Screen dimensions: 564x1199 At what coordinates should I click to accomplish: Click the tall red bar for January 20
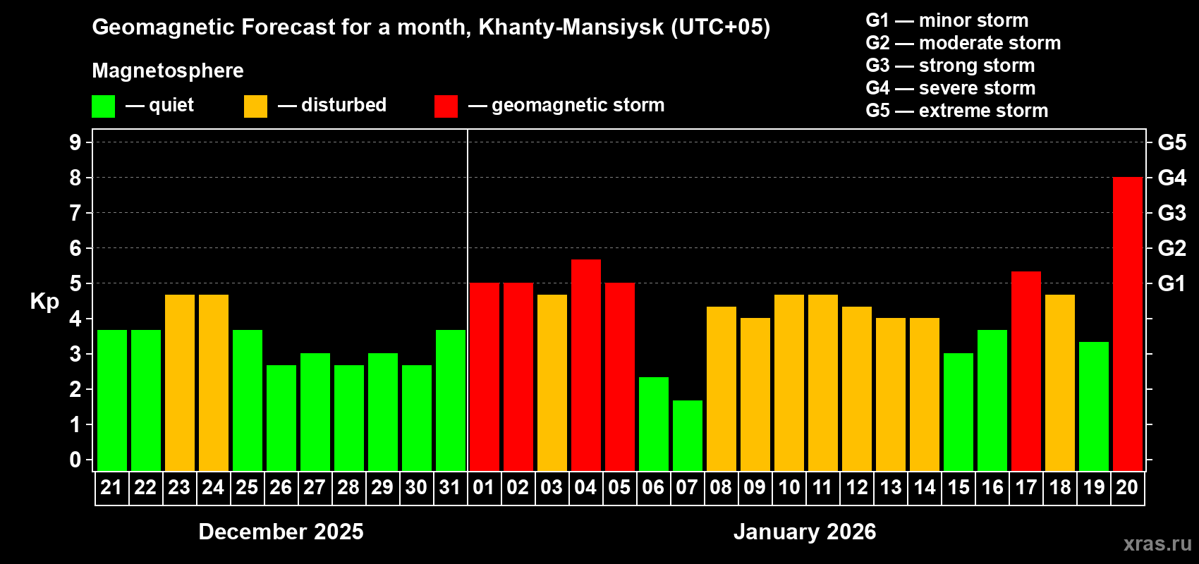pos(1127,324)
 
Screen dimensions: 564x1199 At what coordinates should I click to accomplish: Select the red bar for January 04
pos(585,365)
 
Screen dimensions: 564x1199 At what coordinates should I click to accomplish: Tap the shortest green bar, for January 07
pos(687,436)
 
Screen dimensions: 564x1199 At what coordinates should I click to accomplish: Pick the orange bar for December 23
pos(179,383)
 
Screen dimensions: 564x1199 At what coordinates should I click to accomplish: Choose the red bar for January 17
pos(1025,372)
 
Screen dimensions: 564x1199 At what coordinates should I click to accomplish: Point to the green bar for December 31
pos(450,400)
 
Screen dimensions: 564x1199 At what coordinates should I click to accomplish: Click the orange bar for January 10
pos(789,383)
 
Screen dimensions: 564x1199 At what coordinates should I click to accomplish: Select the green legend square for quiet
pos(104,106)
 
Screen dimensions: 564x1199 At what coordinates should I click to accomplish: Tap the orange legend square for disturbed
pos(255,106)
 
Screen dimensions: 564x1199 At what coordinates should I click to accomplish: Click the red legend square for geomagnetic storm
pos(446,106)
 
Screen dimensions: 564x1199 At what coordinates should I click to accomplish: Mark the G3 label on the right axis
pos(1171,213)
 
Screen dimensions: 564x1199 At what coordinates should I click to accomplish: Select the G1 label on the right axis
pos(1171,283)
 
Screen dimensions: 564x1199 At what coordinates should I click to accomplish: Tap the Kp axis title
pos(44,302)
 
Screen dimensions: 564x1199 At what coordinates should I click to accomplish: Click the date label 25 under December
pos(247,487)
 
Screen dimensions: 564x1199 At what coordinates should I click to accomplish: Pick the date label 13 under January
pos(890,487)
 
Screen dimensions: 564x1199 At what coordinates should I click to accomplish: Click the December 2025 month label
pos(281,532)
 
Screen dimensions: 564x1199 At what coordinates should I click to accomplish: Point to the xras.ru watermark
pos(1157,544)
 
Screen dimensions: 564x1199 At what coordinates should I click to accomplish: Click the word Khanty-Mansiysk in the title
pos(571,27)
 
